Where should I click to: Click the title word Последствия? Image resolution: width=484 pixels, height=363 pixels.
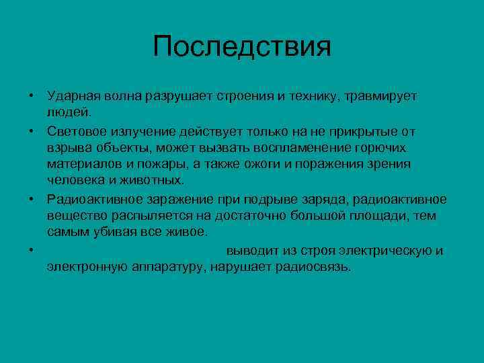coord(242,47)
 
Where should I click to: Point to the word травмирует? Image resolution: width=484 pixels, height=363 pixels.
coord(380,96)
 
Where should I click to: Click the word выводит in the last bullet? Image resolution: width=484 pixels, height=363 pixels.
coord(251,251)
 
